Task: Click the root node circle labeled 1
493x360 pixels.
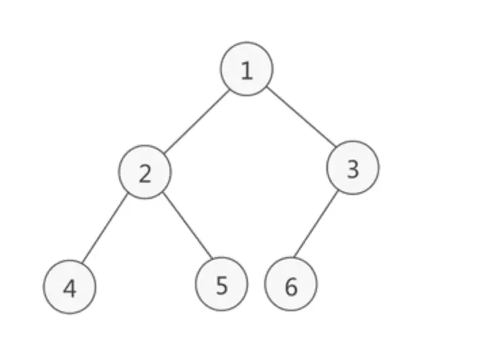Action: (x=246, y=69)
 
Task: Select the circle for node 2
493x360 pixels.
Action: (x=145, y=173)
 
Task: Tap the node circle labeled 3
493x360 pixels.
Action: (x=352, y=168)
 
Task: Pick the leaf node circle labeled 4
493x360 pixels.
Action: (x=70, y=287)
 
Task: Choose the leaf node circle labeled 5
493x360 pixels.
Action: (x=221, y=285)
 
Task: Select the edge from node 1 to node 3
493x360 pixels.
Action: (x=301, y=116)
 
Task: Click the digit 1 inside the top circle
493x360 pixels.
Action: (x=246, y=70)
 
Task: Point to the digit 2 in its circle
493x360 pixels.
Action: (x=145, y=174)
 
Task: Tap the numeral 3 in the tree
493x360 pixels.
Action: (x=352, y=169)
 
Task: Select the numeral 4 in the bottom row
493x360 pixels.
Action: (x=70, y=288)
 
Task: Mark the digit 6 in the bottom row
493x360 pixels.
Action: (x=291, y=287)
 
